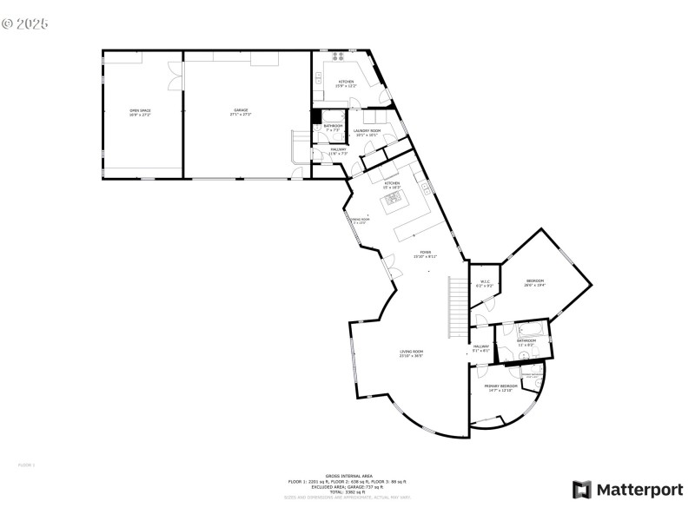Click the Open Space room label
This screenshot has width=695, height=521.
(139, 112)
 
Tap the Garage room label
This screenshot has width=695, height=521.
(241, 112)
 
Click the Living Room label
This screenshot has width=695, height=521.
(411, 353)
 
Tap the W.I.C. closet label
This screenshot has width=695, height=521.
(486, 283)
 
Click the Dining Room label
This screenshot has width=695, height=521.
(360, 221)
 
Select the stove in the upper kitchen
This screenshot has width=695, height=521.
(337, 57)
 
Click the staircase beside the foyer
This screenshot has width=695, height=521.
(458, 308)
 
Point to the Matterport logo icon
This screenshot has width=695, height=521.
(581, 490)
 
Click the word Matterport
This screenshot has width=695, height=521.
(639, 490)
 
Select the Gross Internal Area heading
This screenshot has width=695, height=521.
(348, 477)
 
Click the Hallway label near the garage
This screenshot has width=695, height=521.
(338, 151)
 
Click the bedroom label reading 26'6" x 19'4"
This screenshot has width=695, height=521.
(535, 282)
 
